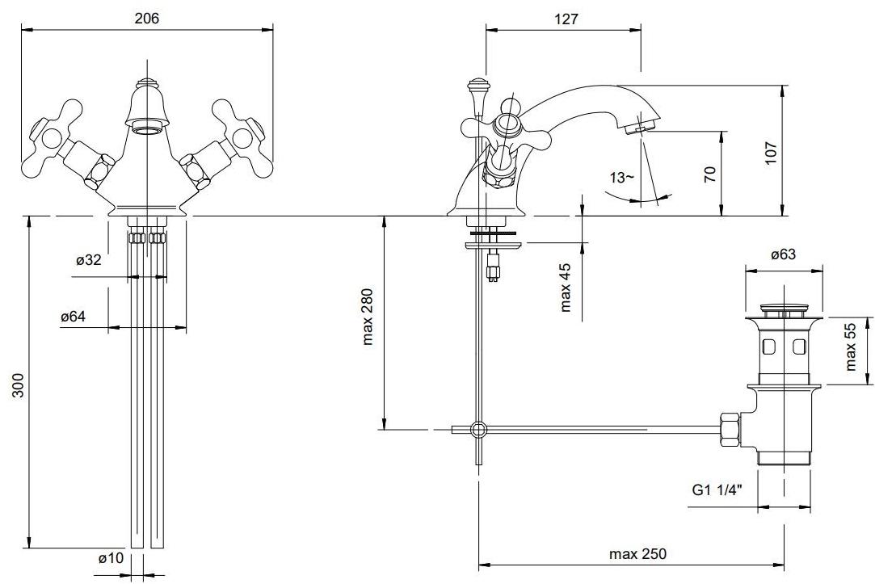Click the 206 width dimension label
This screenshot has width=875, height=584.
coord(147,19)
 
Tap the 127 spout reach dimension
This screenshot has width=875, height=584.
coord(567,19)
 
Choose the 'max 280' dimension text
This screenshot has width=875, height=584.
coord(368,317)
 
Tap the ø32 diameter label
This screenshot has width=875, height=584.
coord(89,260)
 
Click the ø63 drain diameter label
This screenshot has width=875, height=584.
coord(783,254)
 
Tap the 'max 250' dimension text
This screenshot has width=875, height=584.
coord(638,554)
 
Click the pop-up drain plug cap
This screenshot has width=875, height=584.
coord(783,309)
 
